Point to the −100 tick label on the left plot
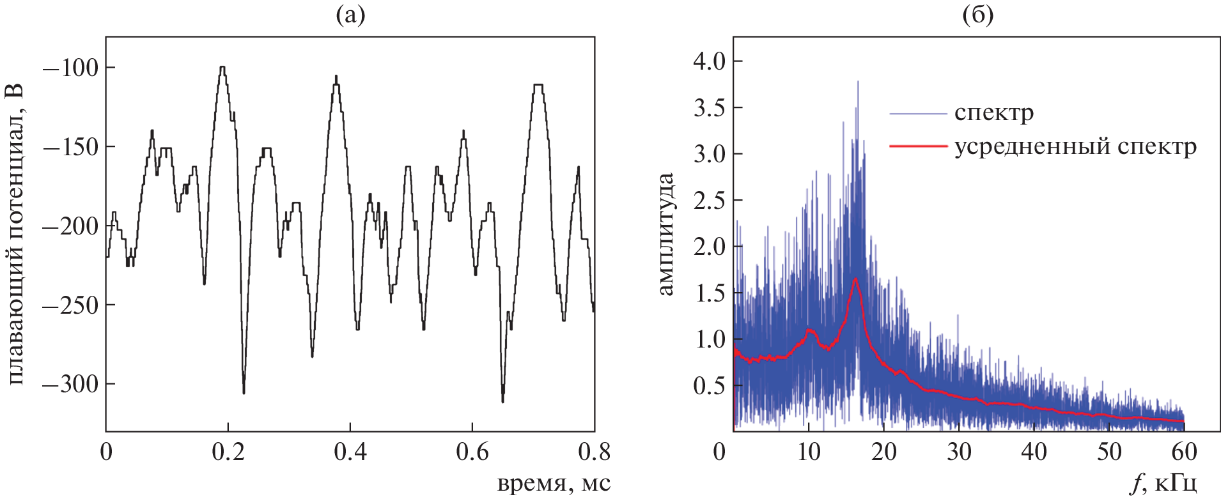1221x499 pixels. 70,68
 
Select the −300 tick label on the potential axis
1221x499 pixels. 70,384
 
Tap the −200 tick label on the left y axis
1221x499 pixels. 70,226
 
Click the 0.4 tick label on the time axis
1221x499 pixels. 350,452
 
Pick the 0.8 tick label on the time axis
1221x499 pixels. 594,452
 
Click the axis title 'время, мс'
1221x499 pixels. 554,483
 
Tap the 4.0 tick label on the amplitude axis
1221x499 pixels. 710,61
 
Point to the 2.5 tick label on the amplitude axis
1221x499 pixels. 710,201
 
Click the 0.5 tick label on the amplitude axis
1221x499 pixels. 710,386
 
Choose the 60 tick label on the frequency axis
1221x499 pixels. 1184,452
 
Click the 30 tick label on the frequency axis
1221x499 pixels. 958,452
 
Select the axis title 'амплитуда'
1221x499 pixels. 666,234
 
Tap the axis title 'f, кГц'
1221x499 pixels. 1163,484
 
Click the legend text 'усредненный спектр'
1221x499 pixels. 1075,147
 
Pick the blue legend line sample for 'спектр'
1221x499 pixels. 918,114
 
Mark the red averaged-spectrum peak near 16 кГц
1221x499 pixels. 855,279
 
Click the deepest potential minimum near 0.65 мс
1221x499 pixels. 502,401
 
